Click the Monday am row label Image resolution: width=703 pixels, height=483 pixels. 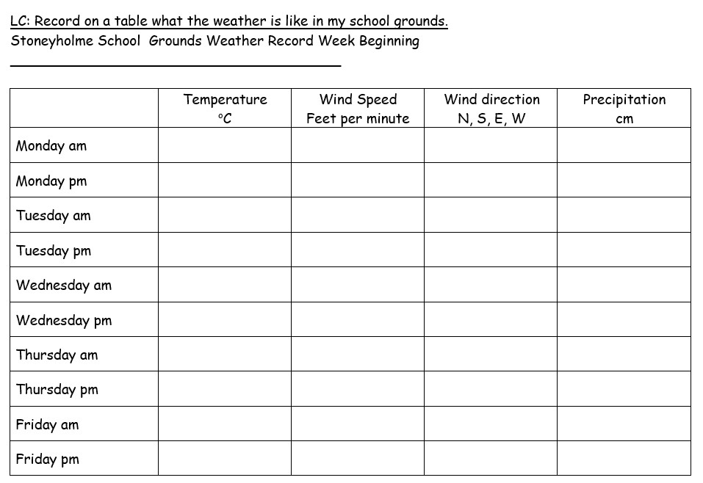(51, 145)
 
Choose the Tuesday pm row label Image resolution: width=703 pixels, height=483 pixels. (54, 250)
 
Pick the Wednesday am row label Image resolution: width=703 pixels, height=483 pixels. (64, 285)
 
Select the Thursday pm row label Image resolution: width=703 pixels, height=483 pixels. (57, 390)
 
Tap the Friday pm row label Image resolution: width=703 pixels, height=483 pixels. (48, 460)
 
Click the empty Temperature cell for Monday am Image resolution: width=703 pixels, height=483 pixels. (225, 145)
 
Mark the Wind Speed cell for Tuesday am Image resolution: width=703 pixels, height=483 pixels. (358, 215)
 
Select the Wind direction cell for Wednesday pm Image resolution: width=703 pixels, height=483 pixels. (491, 319)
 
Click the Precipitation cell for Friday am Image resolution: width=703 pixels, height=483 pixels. (624, 424)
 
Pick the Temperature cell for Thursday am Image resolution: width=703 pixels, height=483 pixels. (225, 355)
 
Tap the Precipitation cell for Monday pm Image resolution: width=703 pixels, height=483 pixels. (624, 180)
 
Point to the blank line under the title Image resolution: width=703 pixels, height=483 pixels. (176, 66)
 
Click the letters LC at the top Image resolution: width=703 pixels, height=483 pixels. (19, 21)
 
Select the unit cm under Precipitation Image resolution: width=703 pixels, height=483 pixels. (624, 119)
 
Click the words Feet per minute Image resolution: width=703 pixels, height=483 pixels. (358, 119)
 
